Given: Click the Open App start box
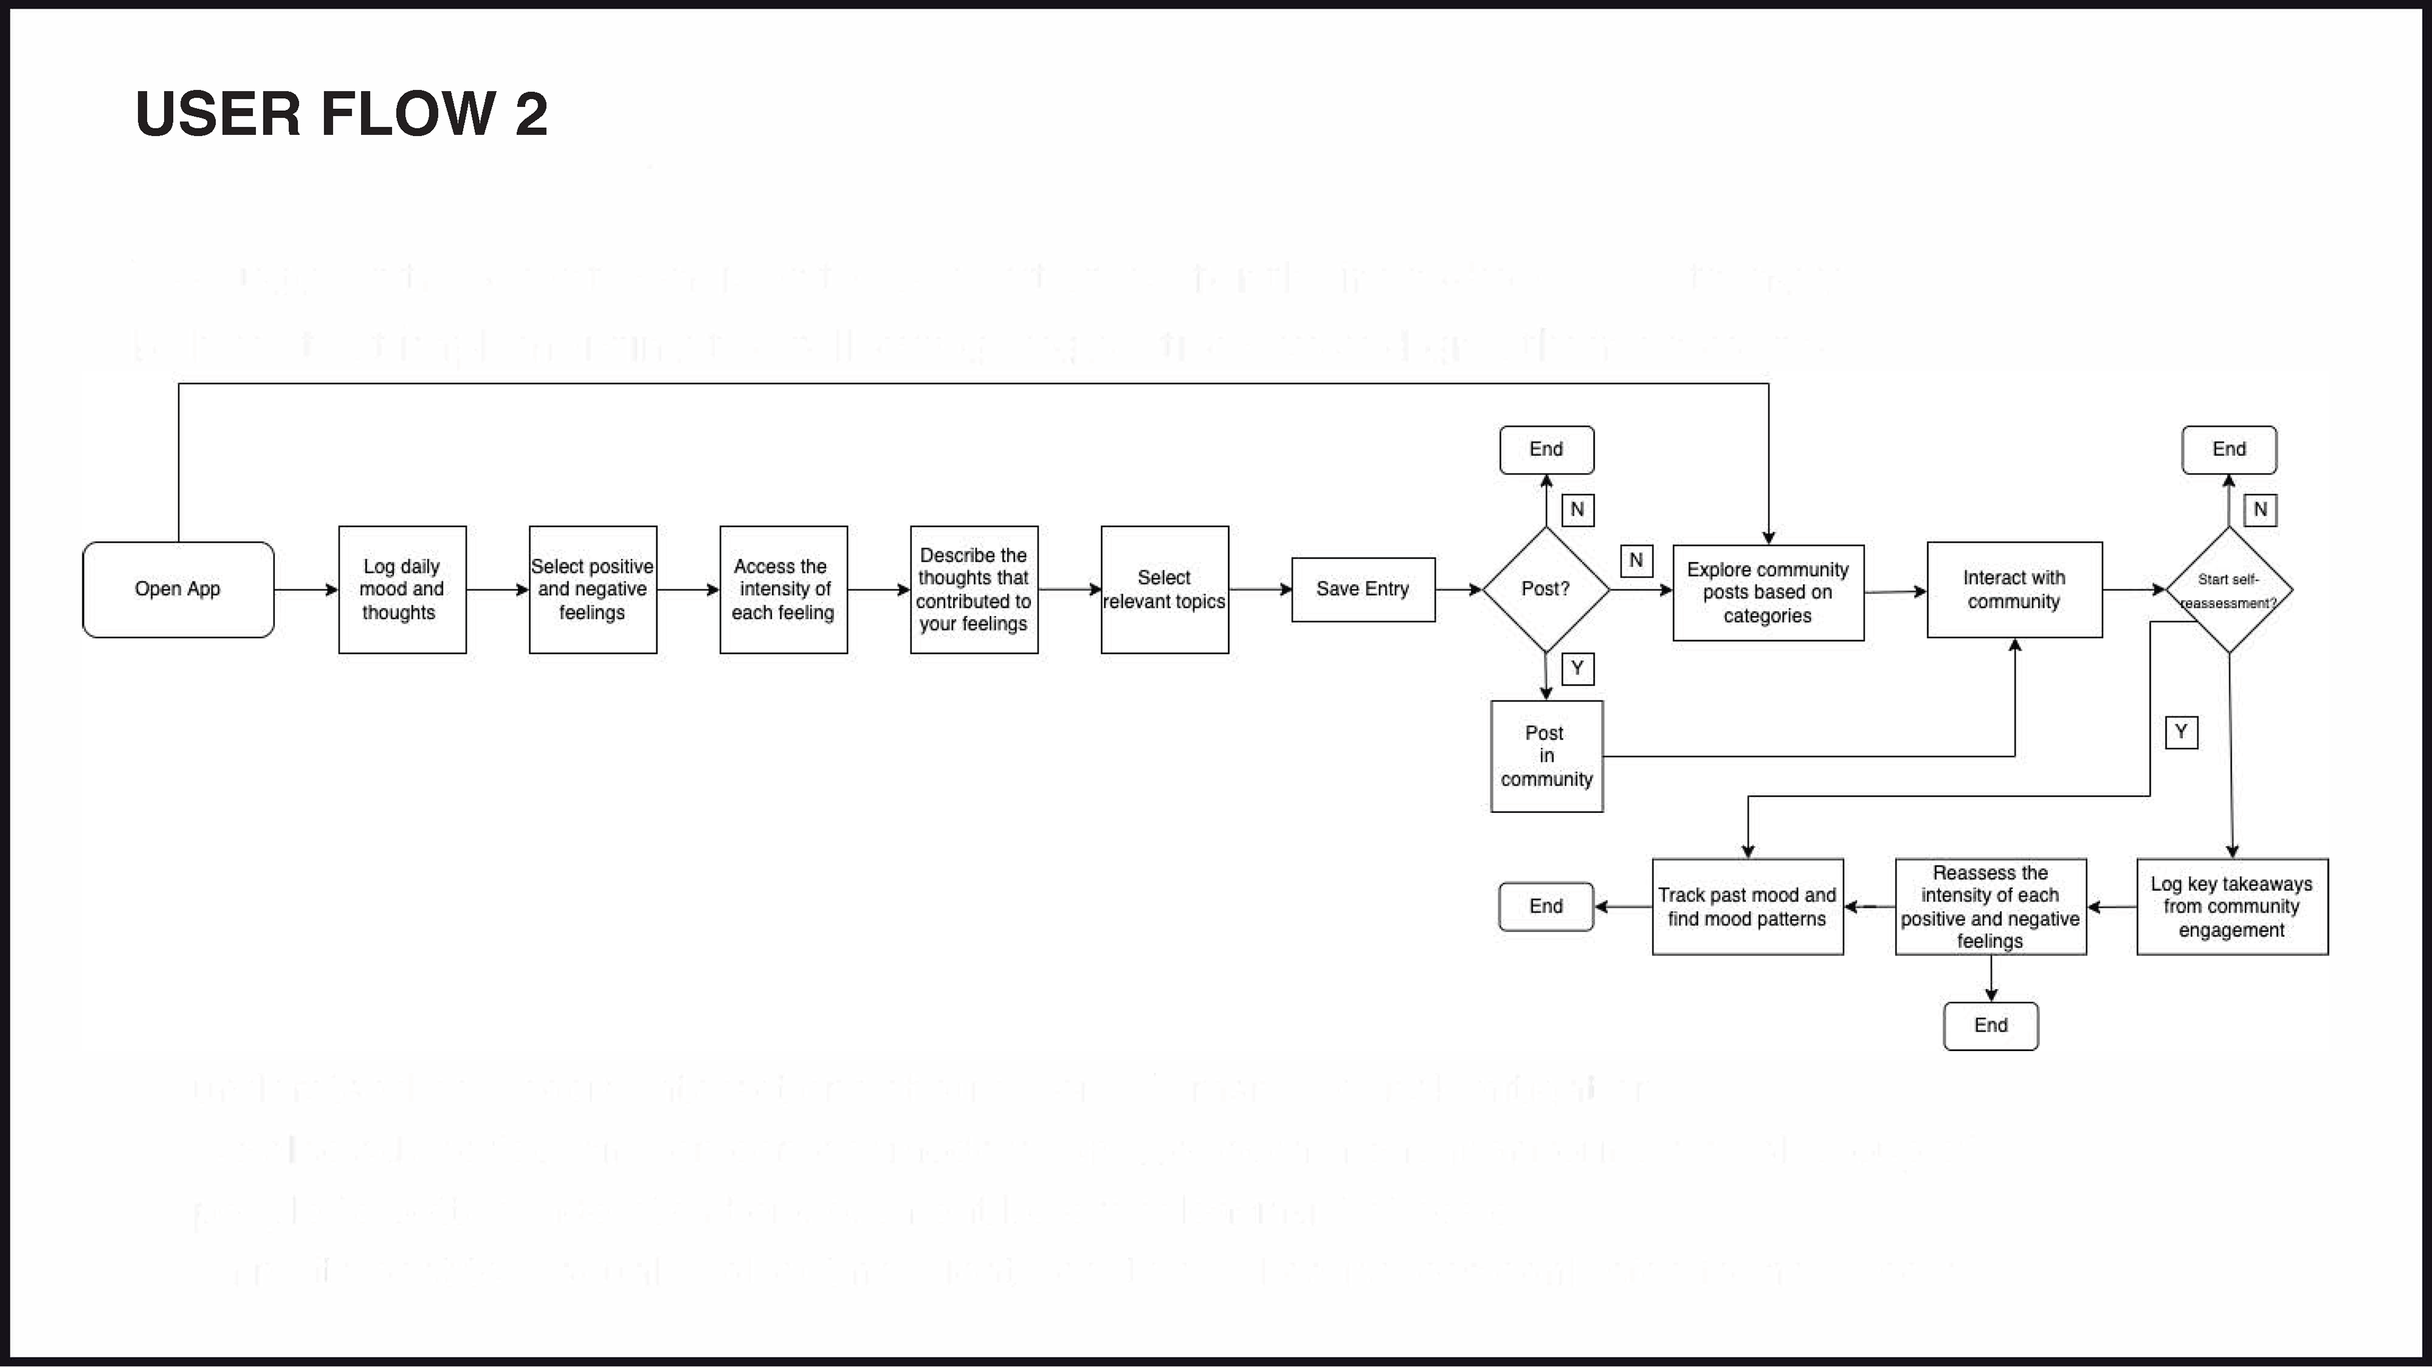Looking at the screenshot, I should click(177, 589).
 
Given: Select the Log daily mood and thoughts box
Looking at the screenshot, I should click(402, 589).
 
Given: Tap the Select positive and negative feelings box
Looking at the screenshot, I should click(593, 589).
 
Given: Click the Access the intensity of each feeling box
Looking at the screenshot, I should click(783, 589).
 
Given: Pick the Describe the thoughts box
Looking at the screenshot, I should click(973, 589).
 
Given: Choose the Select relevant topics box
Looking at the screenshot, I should click(1164, 589).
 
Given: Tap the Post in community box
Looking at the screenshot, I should click(1547, 756).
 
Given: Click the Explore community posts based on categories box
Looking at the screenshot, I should click(1768, 593).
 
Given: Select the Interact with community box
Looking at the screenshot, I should click(2015, 589).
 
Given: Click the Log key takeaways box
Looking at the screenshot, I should click(2232, 906).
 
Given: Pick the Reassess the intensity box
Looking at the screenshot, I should click(1990, 906).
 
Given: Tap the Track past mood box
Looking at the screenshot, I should click(1747, 906).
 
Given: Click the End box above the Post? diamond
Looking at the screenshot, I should click(1547, 450).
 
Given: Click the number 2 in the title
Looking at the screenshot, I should click(531, 114).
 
